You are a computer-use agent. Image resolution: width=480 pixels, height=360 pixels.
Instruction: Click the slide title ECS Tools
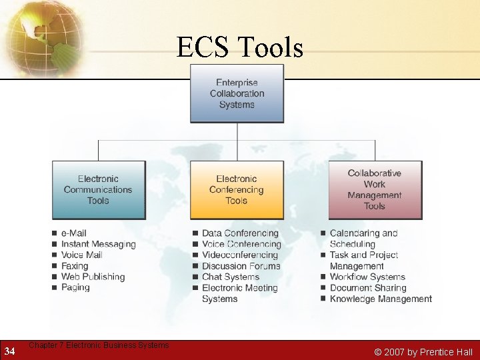coord(239,47)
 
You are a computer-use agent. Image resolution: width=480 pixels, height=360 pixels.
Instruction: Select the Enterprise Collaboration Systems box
coord(237,93)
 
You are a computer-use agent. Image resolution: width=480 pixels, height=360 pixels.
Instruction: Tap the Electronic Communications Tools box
coord(98,189)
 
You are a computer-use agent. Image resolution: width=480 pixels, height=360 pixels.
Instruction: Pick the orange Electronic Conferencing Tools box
coord(237,189)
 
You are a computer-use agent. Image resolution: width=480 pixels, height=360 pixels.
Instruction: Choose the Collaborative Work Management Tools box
coord(375,189)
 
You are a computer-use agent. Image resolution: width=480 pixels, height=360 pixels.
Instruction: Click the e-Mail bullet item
coord(74,233)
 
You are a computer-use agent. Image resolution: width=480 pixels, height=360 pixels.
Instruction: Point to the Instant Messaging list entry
coord(98,244)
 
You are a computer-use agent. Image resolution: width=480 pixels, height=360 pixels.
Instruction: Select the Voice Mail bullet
coord(81,255)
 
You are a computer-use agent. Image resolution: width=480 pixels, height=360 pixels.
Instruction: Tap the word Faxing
coord(75,266)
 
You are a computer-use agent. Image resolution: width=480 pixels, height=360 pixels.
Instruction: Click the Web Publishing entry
coord(93,277)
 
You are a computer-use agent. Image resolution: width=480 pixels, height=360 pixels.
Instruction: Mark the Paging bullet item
coord(75,287)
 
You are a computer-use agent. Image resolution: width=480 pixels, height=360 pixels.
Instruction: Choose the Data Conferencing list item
coord(240,233)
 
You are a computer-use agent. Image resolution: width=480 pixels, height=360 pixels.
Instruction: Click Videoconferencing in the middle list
coord(240,255)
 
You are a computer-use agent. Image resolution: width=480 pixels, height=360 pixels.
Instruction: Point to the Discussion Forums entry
coord(241,266)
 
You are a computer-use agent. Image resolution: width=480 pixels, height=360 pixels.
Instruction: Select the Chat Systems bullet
coord(231,277)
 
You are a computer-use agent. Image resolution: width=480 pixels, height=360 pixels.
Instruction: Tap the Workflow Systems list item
coord(367,277)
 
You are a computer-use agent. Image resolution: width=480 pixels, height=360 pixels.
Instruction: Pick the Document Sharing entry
coord(368,288)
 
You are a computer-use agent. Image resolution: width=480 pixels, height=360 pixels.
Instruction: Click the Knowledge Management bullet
coord(381,299)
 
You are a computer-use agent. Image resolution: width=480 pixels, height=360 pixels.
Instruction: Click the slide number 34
coord(9,351)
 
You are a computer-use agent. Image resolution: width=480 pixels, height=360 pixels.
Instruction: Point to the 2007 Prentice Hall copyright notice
coord(423,352)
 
